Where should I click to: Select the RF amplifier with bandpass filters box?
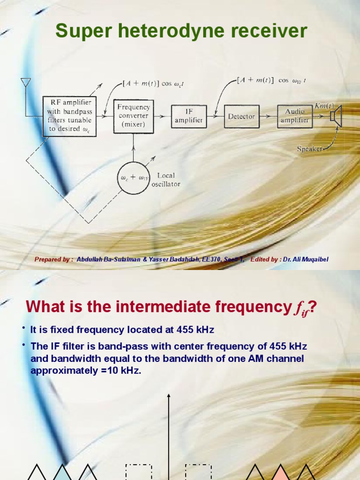coord(69,116)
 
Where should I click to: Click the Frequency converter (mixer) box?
coord(134,116)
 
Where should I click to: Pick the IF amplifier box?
coord(189,116)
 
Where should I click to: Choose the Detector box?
coord(241,116)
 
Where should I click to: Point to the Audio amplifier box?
coord(294,116)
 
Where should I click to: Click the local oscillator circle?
coord(134,178)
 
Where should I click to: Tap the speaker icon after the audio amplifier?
coord(336,116)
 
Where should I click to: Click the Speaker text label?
coord(310,149)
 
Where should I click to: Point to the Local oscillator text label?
coord(165,180)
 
